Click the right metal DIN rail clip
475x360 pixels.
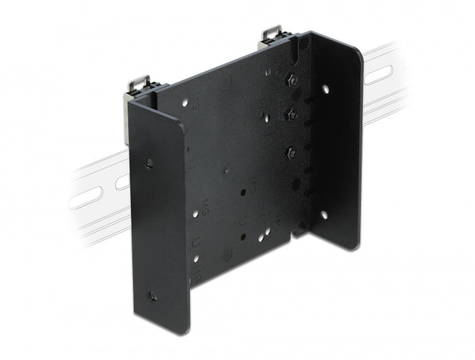tap(273, 36)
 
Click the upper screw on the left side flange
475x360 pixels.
tap(149, 162)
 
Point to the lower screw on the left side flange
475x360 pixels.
tap(152, 295)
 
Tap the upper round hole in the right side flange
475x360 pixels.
tap(325, 88)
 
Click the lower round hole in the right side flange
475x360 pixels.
tap(324, 214)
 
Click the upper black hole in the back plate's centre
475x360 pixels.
tap(242, 193)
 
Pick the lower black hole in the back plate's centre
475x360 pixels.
tap(242, 236)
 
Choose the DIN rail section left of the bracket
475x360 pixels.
tap(95, 197)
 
